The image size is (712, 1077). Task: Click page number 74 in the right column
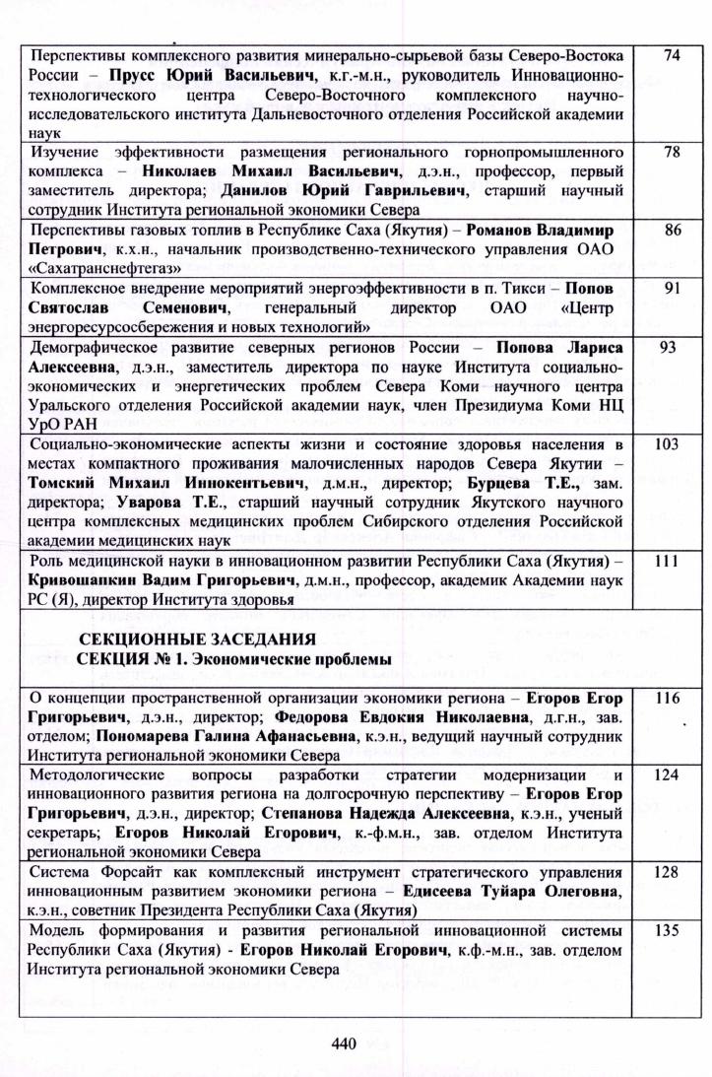click(x=672, y=55)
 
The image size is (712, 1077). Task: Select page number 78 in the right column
click(x=673, y=153)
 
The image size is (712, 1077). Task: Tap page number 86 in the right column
click(x=673, y=231)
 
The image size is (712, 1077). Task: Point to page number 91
click(x=673, y=289)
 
